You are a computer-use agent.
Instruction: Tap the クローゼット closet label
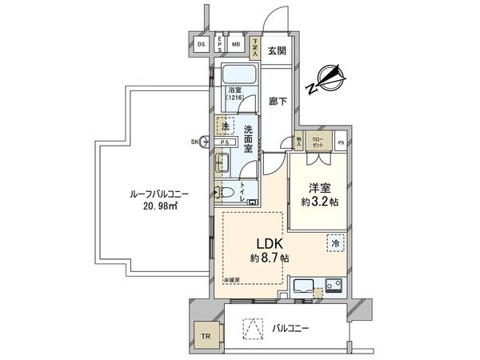point(318,143)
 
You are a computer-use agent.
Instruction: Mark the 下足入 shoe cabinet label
point(254,45)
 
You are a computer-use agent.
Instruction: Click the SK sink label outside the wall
point(194,142)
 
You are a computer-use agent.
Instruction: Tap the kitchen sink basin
point(305,286)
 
